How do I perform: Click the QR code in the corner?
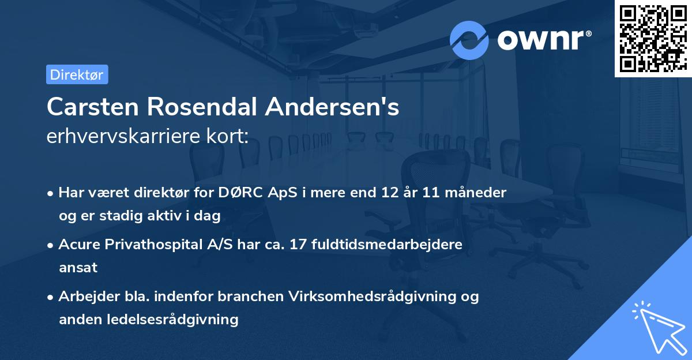point(653,39)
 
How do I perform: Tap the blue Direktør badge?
point(77,74)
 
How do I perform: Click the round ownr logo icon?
point(469,40)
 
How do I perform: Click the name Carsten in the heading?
point(92,107)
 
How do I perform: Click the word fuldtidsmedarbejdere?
point(386,245)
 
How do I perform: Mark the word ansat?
point(78,268)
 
